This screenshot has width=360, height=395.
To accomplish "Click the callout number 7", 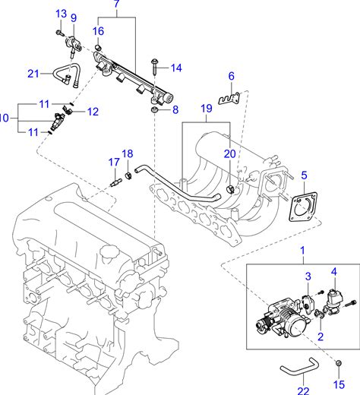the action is click(x=116, y=4).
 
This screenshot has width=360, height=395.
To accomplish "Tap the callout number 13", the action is click(x=61, y=14).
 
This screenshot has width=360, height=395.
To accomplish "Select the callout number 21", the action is click(x=33, y=74).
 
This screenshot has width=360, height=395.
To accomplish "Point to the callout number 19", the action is click(x=207, y=109).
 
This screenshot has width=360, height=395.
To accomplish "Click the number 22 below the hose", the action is click(x=303, y=390).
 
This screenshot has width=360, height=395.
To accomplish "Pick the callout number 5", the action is click(x=304, y=175).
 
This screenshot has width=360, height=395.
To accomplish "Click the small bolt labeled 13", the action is click(x=60, y=33).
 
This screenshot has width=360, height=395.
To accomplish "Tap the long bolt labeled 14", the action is click(x=154, y=68).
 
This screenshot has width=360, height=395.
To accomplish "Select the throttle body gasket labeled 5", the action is click(x=303, y=207).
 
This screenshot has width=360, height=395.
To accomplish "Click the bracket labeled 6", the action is click(x=229, y=99).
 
